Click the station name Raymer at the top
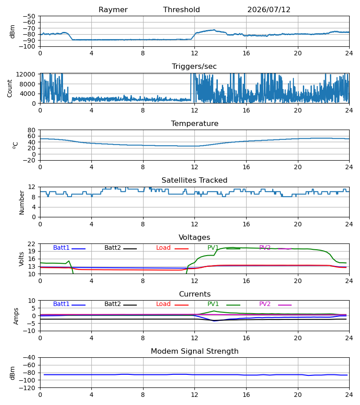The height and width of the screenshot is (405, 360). pyautogui.click(x=113, y=10)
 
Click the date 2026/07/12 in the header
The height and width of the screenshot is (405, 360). pyautogui.click(x=269, y=10)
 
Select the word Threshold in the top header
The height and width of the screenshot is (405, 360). pyautogui.click(x=181, y=10)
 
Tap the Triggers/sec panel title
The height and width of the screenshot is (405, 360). pyautogui.click(x=194, y=67)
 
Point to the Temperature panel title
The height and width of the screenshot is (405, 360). pyautogui.click(x=194, y=123)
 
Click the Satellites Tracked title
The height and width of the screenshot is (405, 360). pyautogui.click(x=194, y=180)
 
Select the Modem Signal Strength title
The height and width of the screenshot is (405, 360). pyautogui.click(x=194, y=351)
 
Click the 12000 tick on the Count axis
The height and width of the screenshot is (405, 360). pyautogui.click(x=26, y=74)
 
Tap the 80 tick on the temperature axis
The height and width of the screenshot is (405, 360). pyautogui.click(x=31, y=130)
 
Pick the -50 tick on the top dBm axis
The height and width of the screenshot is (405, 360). pyautogui.click(x=29, y=16)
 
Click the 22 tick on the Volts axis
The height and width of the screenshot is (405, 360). pyautogui.click(x=31, y=244)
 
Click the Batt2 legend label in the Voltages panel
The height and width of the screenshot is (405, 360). pyautogui.click(x=112, y=247)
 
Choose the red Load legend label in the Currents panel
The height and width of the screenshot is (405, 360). pyautogui.click(x=163, y=304)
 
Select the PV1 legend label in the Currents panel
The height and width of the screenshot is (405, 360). pyautogui.click(x=213, y=304)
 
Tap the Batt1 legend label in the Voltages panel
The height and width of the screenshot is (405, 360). pyautogui.click(x=61, y=247)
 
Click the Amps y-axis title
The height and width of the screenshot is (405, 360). pyautogui.click(x=16, y=316)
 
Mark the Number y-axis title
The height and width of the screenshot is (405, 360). pyautogui.click(x=22, y=202)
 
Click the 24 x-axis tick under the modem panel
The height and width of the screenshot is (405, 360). pyautogui.click(x=349, y=395)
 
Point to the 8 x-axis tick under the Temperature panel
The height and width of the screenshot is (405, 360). pyautogui.click(x=143, y=167)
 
